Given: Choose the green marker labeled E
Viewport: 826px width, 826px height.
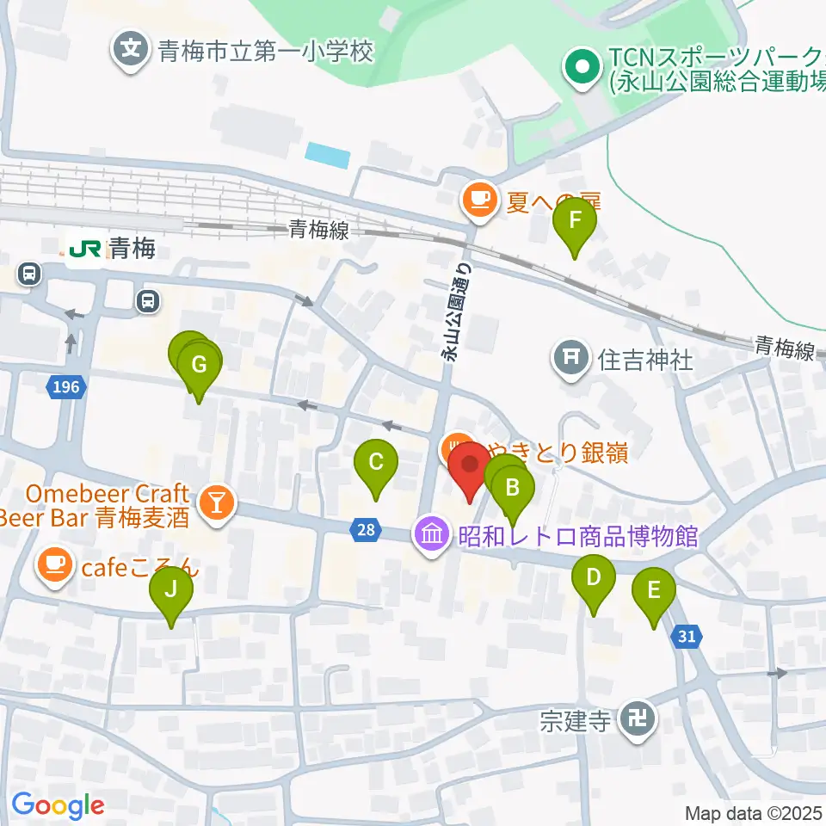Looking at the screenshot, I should click(x=653, y=593).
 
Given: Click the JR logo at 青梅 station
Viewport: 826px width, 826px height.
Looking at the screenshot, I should click(x=86, y=250).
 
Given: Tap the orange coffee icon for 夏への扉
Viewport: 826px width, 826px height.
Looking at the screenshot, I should click(x=478, y=201).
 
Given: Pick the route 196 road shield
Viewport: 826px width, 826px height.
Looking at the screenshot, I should click(x=65, y=387).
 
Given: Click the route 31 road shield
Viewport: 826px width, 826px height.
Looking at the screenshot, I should click(x=686, y=637).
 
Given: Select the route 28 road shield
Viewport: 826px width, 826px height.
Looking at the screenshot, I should click(x=366, y=530).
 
